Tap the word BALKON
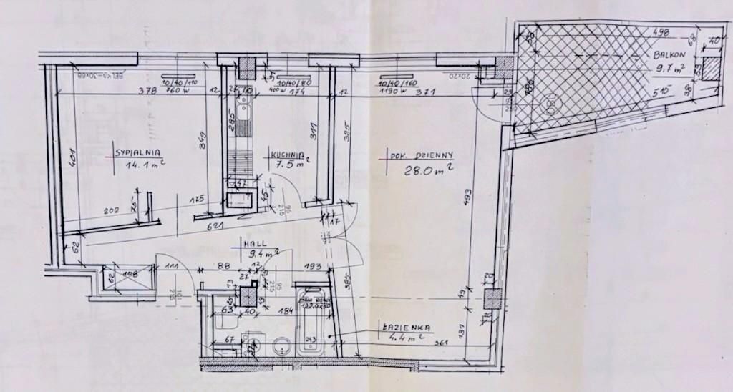point(669,55)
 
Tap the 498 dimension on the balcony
point(662,31)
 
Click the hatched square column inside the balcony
point(711,72)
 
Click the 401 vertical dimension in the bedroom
point(72,157)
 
